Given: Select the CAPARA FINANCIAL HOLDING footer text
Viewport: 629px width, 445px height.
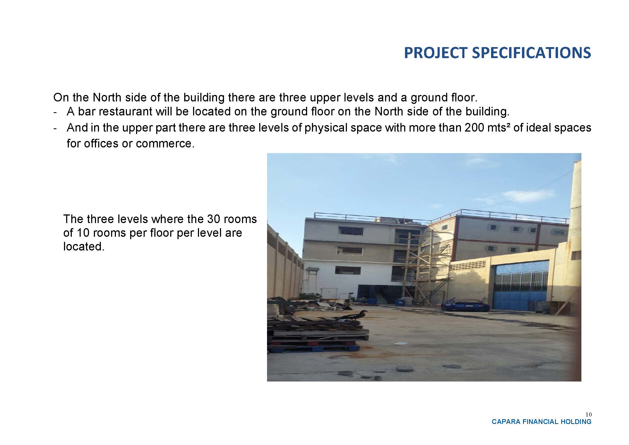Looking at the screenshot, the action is [542, 422].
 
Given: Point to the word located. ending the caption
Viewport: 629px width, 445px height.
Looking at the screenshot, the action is [84, 247].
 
